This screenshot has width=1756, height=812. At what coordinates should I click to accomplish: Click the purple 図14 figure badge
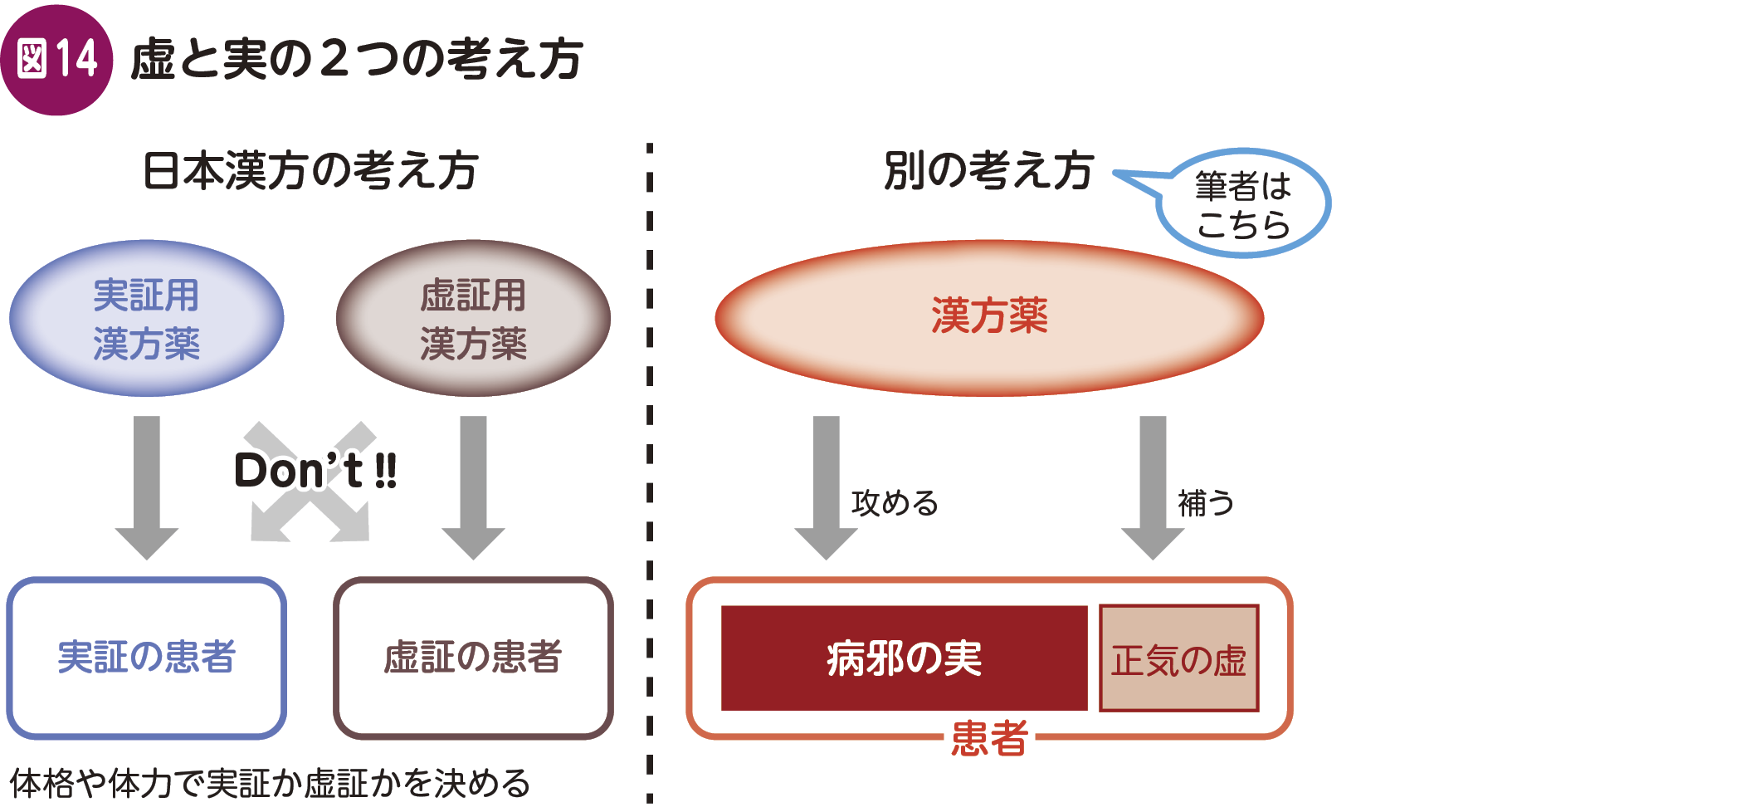(56, 60)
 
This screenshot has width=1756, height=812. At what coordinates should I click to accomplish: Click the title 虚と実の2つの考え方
(357, 60)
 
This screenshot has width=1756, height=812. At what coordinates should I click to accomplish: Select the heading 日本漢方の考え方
(310, 171)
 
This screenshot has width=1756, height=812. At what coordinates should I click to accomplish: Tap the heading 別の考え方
(988, 171)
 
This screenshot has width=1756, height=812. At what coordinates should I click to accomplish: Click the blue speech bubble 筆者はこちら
(1242, 204)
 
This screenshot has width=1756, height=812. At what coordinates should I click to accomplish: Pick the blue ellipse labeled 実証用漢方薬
(147, 319)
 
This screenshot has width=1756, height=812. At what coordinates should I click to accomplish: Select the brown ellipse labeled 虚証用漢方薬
(473, 319)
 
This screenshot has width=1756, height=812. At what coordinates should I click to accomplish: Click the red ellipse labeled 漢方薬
(989, 317)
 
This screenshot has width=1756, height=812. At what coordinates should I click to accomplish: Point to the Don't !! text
(315, 471)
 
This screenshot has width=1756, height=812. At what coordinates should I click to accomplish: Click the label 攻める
(895, 503)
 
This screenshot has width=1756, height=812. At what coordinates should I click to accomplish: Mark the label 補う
(1206, 503)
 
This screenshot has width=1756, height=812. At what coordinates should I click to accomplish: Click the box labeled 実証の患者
(147, 657)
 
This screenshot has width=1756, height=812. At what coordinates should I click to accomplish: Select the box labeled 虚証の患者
(473, 657)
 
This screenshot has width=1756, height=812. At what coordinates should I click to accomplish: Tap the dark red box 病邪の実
(904, 658)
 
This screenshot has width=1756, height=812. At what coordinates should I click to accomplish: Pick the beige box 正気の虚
(1178, 658)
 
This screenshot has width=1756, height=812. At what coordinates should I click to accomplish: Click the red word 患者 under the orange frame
(989, 738)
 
